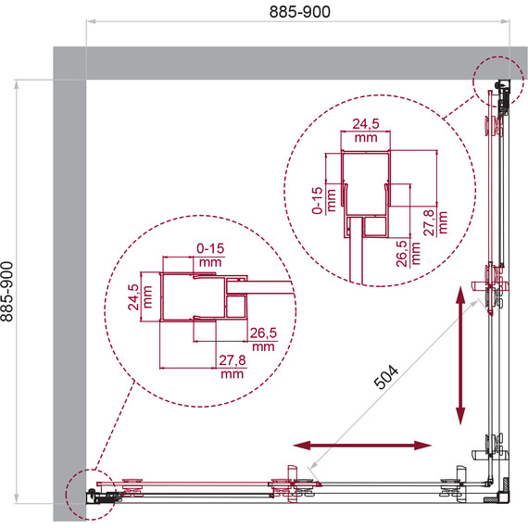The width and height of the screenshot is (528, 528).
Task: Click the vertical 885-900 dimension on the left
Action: [x=8, y=291]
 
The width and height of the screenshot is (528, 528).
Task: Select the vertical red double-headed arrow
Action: [x=460, y=355]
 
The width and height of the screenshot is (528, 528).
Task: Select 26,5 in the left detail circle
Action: [x=263, y=333]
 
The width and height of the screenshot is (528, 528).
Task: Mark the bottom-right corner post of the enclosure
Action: [x=500, y=491]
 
